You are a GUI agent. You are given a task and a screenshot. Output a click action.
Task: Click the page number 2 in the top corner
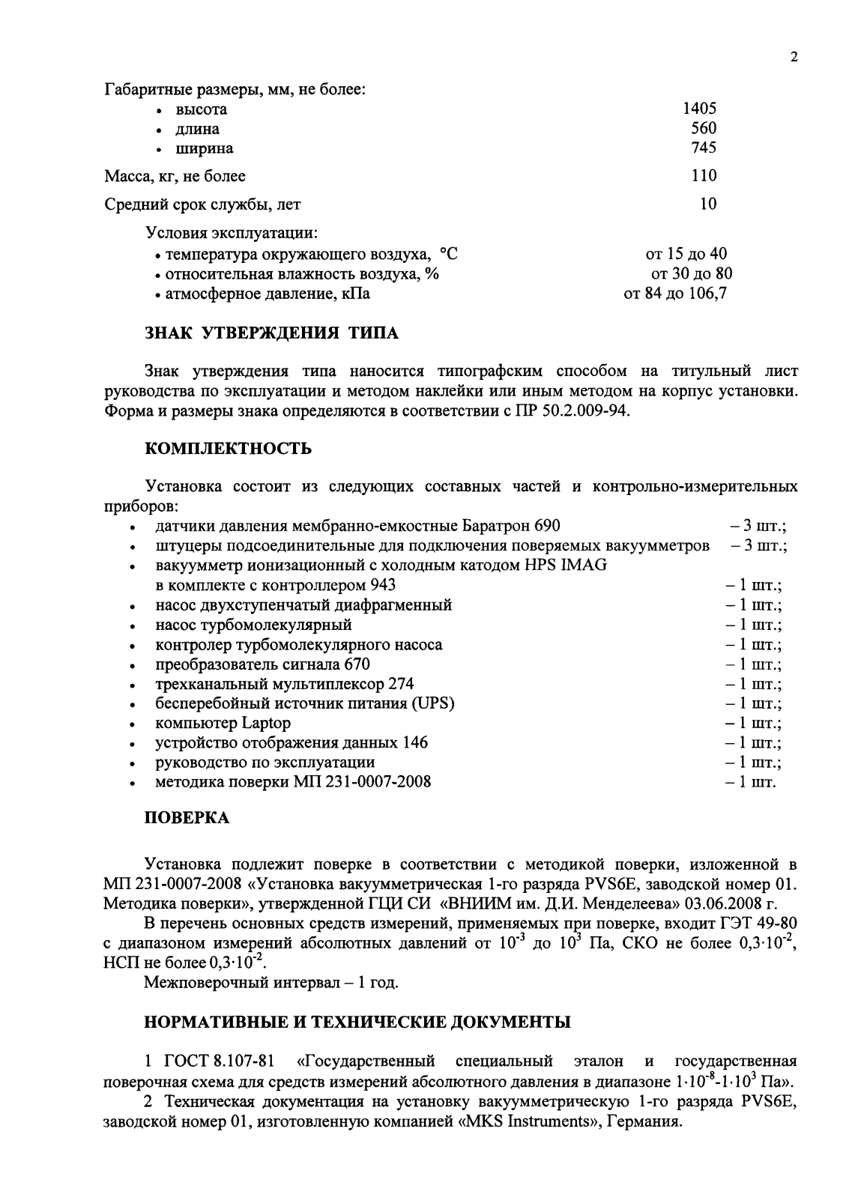794,58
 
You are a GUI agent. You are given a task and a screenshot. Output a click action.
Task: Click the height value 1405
699,109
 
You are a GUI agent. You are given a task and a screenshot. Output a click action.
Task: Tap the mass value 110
704,176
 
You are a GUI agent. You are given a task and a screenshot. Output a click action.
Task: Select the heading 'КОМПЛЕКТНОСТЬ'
228,449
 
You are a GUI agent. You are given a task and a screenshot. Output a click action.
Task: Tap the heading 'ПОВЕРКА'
187,818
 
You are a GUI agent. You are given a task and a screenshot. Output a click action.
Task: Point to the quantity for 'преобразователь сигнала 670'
753,664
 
